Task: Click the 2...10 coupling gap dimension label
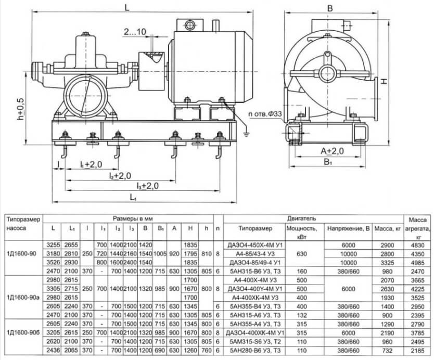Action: [135, 32]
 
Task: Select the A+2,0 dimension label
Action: [332, 151]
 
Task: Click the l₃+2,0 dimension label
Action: [147, 186]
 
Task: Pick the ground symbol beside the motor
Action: [246, 135]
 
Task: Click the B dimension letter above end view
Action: [330, 8]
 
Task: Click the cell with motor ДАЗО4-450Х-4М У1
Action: [255, 245]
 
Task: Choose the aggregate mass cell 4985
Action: [417, 263]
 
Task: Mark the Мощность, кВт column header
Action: [302, 233]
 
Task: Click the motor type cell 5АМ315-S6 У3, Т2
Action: [255, 342]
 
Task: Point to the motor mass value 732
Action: [387, 351]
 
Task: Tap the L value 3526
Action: [53, 263]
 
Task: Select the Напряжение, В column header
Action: [349, 228]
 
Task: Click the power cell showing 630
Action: [302, 254]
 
